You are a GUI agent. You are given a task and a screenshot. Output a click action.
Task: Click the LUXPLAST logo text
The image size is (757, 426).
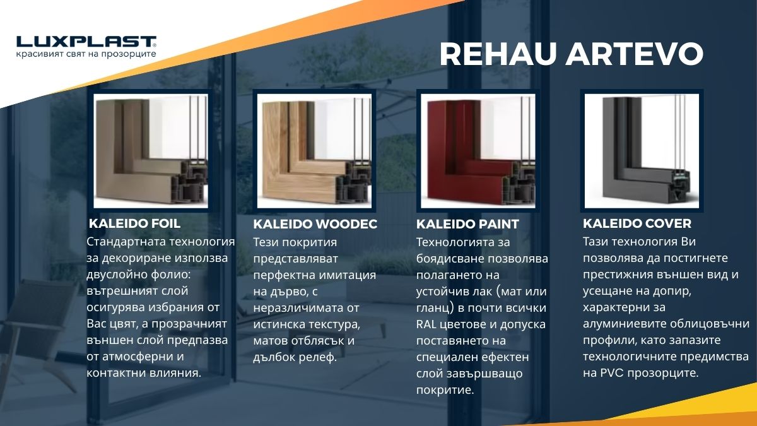86,42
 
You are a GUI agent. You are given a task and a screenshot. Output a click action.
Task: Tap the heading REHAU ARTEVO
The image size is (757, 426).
571,54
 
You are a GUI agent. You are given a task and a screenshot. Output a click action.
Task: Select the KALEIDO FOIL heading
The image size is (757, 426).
135,223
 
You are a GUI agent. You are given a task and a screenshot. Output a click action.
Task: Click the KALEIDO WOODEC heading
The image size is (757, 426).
315,224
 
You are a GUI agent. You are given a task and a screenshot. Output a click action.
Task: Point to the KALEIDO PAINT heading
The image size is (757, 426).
468,224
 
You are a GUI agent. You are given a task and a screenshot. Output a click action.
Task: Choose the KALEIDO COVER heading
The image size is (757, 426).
637,223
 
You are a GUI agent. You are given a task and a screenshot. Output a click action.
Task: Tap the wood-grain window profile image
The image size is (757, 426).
314,151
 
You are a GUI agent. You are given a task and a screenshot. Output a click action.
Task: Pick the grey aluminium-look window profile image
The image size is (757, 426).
642,151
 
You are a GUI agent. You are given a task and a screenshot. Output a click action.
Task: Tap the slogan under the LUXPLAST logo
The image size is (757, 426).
86,55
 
